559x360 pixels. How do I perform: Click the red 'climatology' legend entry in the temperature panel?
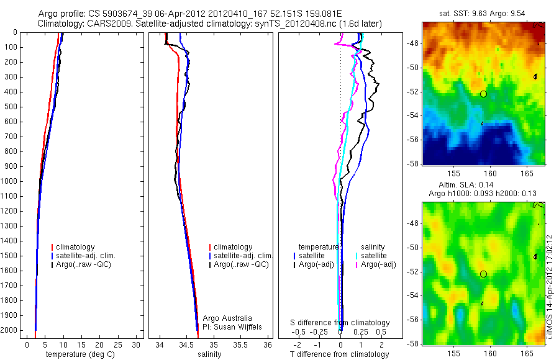[x=78, y=247]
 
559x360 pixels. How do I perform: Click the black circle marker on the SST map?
[x=483, y=94]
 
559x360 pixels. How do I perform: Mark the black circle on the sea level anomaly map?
[x=483, y=274]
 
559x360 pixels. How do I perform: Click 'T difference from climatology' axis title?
[x=339, y=354]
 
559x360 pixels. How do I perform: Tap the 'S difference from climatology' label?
[x=340, y=323]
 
